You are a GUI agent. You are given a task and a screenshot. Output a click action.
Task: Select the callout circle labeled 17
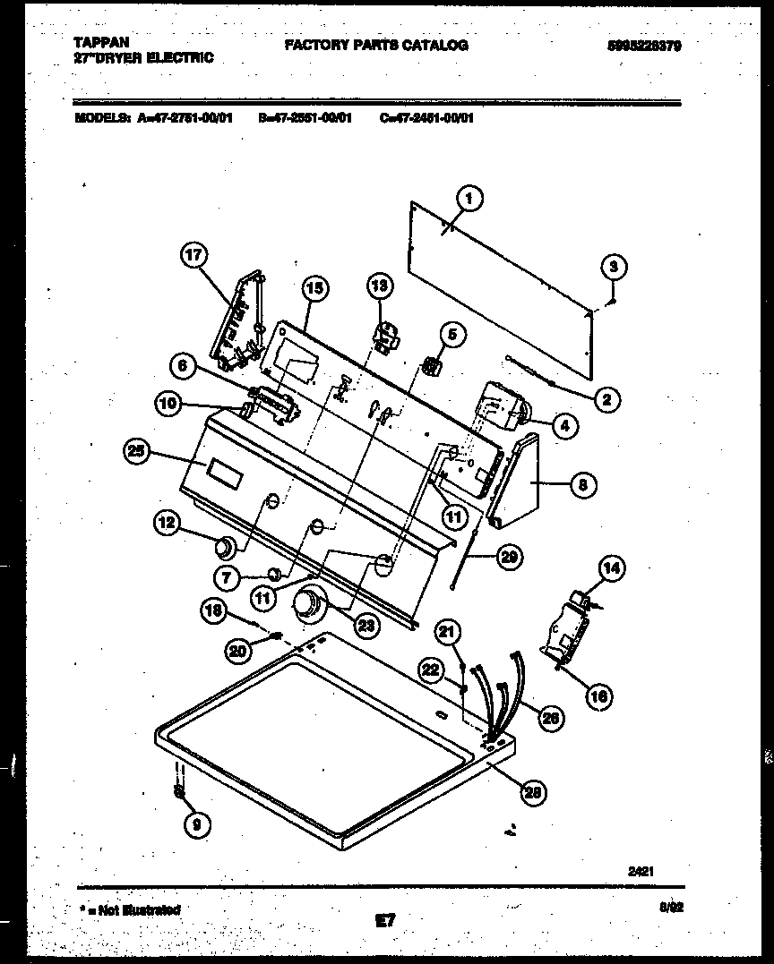(193, 255)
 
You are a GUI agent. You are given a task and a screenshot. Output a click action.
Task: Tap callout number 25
(137, 452)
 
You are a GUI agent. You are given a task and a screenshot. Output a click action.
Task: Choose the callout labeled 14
(613, 567)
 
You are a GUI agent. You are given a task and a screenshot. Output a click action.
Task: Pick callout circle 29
(509, 557)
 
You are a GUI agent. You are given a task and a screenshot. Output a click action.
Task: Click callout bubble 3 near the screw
(613, 266)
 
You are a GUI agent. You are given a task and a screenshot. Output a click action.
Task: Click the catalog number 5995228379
(638, 46)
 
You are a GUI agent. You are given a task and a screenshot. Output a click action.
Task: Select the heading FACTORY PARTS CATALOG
(376, 45)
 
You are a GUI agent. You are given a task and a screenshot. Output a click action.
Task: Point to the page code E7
(386, 919)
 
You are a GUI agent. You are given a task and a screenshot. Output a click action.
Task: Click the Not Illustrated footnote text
(132, 909)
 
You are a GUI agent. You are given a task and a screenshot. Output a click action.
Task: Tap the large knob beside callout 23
(309, 605)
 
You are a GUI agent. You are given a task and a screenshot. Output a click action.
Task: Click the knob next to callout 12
(225, 545)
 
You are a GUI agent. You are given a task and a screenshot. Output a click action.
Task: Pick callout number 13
(380, 286)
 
